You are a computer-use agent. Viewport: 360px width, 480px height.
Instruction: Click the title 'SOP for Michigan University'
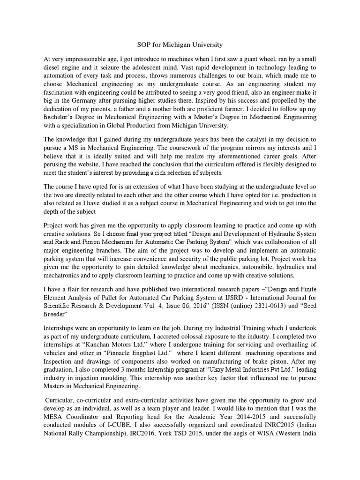pyautogui.click(x=180, y=45)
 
